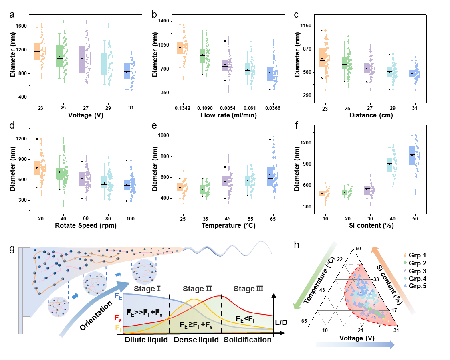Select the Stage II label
pyautogui.click(x=197, y=289)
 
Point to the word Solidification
pyautogui.click(x=247, y=340)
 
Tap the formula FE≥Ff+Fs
pyautogui.click(x=196, y=324)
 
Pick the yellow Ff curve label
pyautogui.click(x=118, y=328)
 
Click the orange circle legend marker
pyautogui.click(x=406, y=255)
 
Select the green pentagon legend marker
pyautogui.click(x=406, y=263)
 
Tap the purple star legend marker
pyautogui.click(x=406, y=270)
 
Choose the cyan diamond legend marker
pyautogui.click(x=406, y=278)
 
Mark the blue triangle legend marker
pyautogui.click(x=406, y=286)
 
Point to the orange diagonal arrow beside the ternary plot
pyautogui.click(x=393, y=279)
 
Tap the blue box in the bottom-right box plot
pyautogui.click(x=412, y=155)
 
